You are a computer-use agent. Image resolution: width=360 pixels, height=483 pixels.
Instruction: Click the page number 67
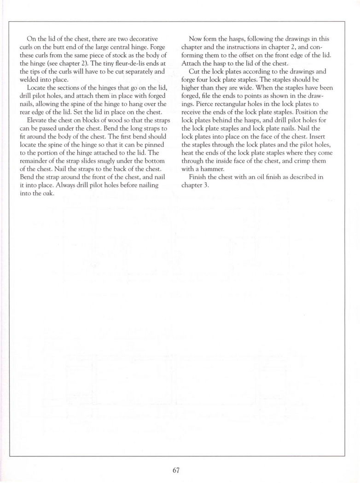176,470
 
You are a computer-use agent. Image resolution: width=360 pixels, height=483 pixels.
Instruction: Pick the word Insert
314,137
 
